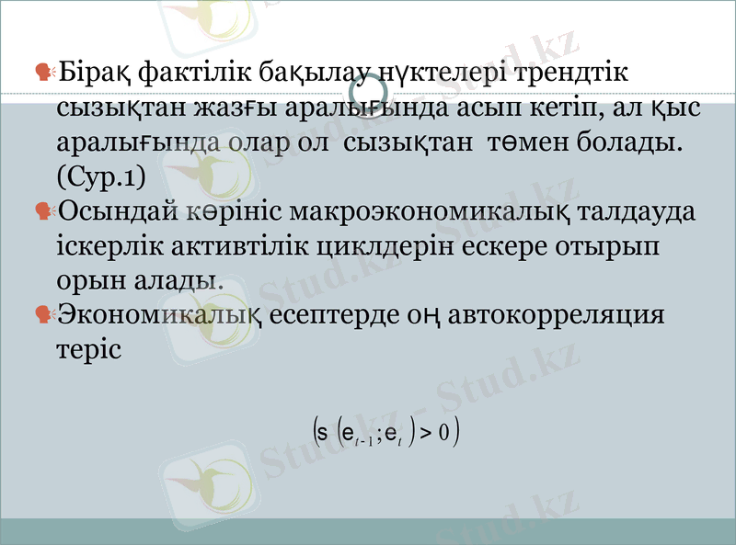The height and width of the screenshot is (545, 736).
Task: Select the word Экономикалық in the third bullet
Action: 163,314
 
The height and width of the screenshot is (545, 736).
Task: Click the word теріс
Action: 88,349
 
